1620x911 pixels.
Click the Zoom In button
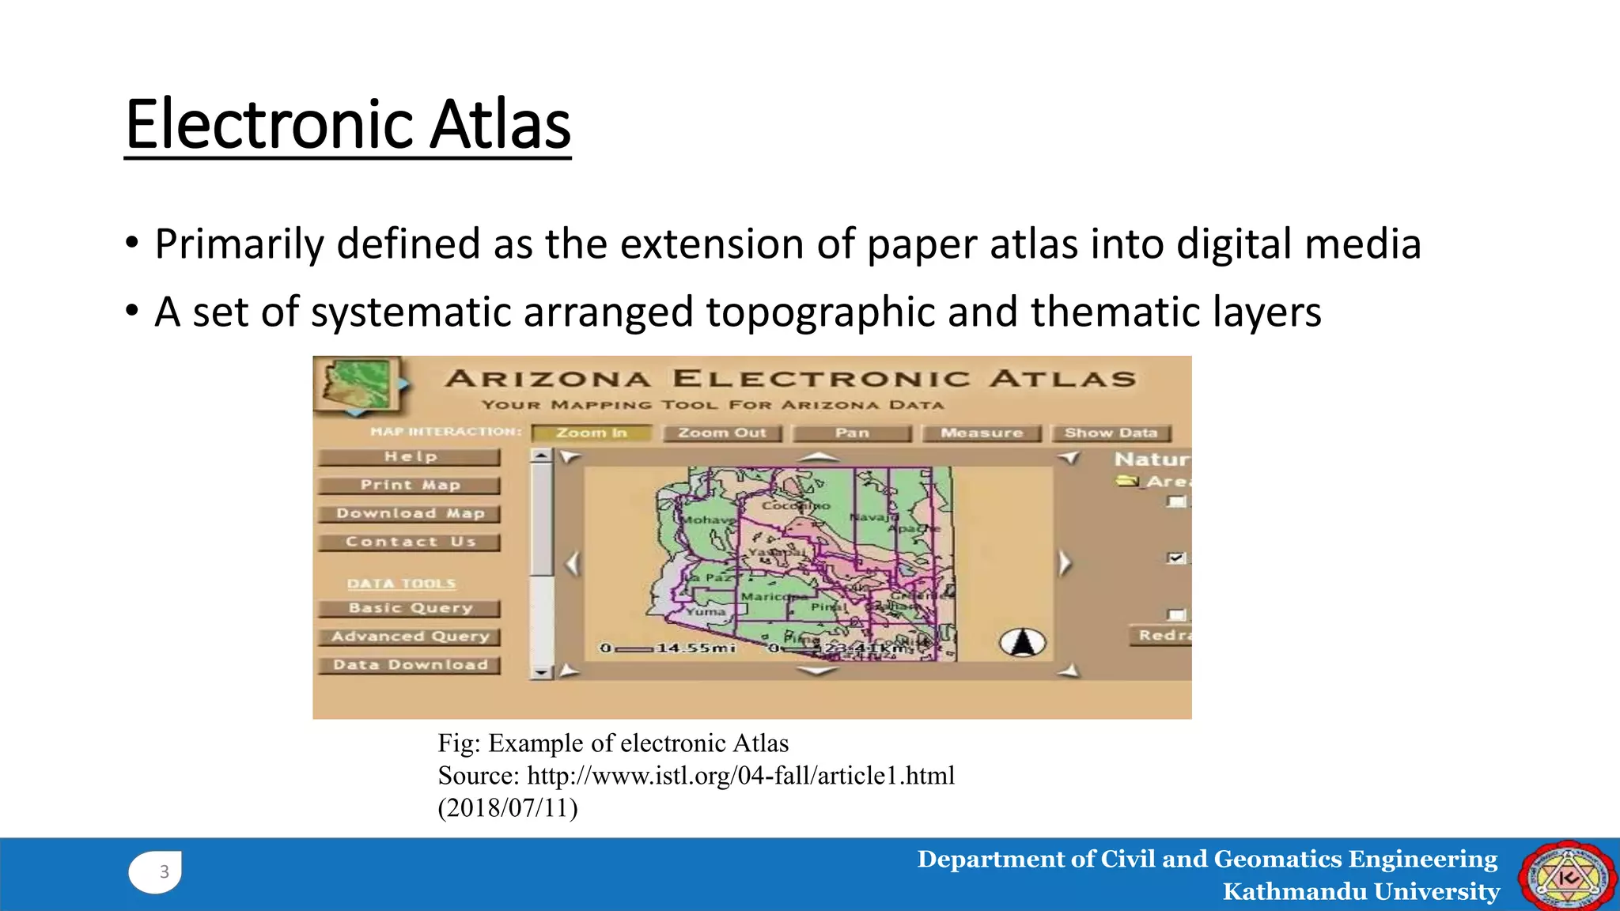(x=592, y=433)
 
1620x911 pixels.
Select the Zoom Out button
(x=721, y=433)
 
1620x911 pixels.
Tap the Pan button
(x=852, y=433)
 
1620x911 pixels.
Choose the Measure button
(x=982, y=433)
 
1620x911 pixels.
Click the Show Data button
(x=1111, y=433)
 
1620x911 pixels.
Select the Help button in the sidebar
(x=410, y=456)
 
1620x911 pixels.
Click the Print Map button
(x=410, y=485)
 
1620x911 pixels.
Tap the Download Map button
(x=410, y=513)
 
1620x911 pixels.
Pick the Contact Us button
(x=410, y=542)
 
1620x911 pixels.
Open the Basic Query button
(x=410, y=608)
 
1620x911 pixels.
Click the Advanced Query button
(x=410, y=637)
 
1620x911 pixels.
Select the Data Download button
(x=410, y=665)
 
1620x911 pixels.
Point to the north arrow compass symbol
(x=1022, y=643)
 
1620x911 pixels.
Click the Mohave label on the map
(x=706, y=520)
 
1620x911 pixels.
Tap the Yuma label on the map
(x=706, y=611)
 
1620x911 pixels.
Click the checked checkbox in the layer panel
(x=1176, y=558)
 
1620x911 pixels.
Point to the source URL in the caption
(x=740, y=776)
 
